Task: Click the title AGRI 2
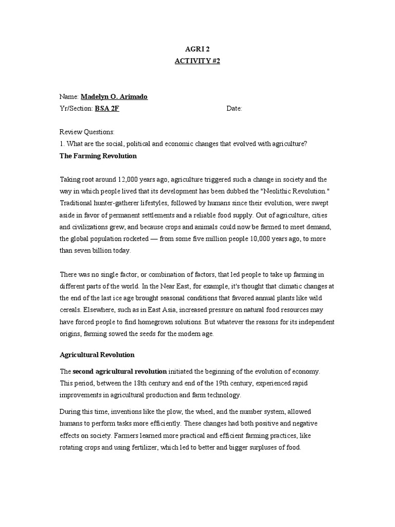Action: click(x=197, y=49)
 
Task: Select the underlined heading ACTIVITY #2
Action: click(x=197, y=61)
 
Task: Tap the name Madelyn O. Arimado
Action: click(x=114, y=96)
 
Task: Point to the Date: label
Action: click(x=234, y=109)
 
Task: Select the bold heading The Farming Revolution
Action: click(x=98, y=155)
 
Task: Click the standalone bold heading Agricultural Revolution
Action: click(x=97, y=355)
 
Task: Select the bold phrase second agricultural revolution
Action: click(x=120, y=371)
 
